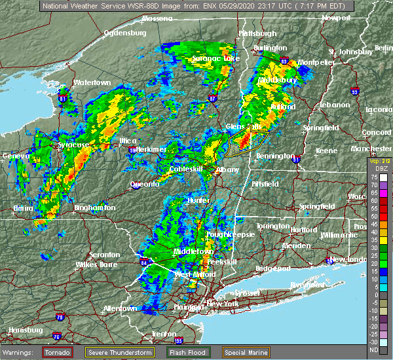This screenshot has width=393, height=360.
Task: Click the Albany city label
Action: [228, 170]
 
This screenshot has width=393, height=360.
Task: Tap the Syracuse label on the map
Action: [73, 145]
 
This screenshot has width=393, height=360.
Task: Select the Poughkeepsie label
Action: [225, 234]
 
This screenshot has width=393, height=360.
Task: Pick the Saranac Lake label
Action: [215, 59]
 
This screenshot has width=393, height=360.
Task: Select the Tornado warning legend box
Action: [58, 351]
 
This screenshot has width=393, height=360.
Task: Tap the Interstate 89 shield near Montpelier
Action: [285, 61]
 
